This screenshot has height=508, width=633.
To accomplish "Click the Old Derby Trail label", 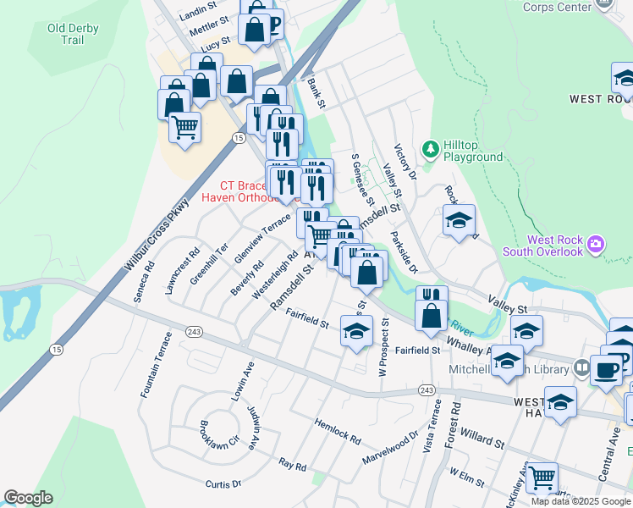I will pos(73,34).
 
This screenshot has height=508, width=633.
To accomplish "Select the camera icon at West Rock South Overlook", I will pos(596,245).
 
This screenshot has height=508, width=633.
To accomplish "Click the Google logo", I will pos(29,498).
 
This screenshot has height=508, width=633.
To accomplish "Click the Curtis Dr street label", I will pos(223,483).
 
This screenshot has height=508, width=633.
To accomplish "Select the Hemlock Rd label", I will pos(336,429).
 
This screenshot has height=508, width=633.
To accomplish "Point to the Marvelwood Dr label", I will pos(390,444).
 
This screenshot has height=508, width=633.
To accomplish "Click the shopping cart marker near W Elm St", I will pos(542,477).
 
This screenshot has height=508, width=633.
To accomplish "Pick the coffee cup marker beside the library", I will pos(606,370).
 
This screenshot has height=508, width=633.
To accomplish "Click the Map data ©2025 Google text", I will pos(580,501).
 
